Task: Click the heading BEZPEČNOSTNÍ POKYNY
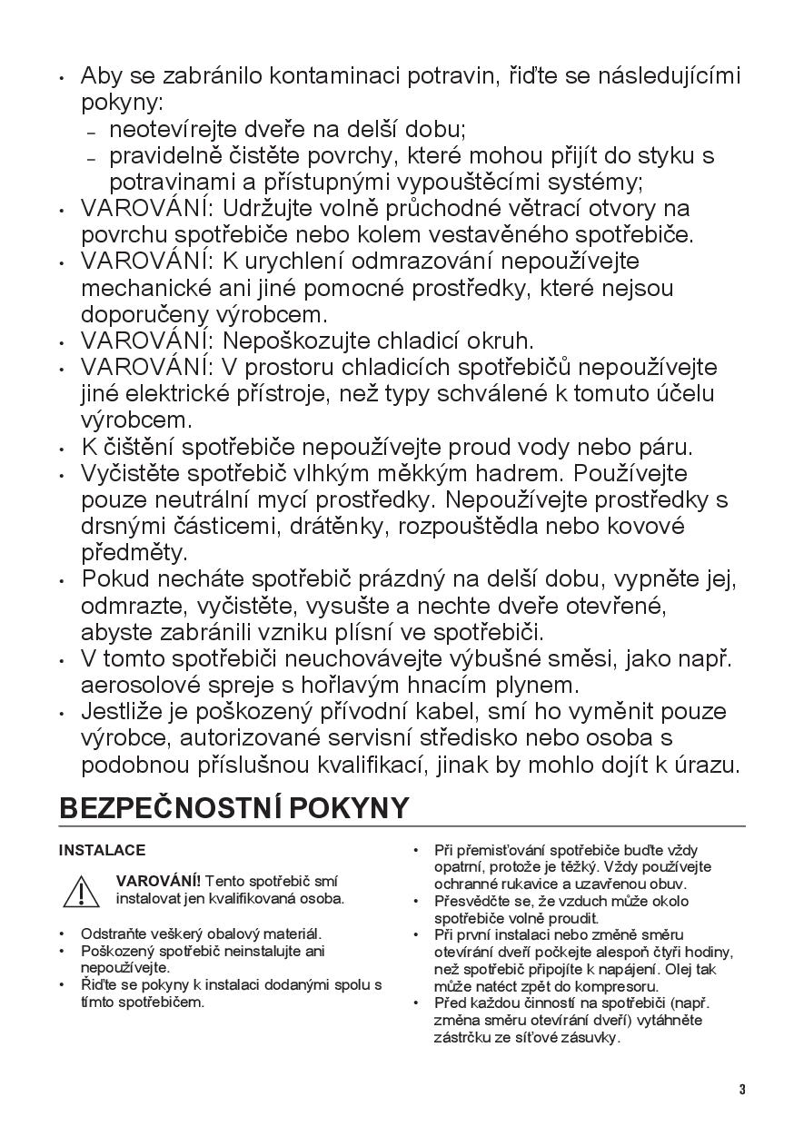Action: click(x=233, y=807)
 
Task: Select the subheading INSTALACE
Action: click(x=102, y=851)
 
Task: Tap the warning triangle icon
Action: click(x=81, y=891)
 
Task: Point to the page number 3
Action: click(x=741, y=1090)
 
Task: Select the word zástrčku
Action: click(x=464, y=1037)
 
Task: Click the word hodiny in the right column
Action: click(x=709, y=952)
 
